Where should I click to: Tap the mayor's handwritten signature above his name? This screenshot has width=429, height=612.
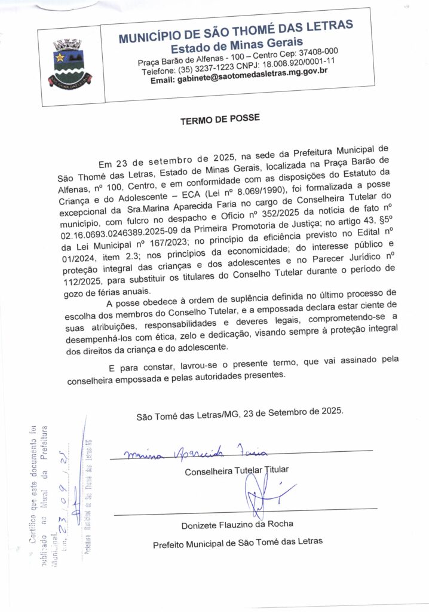263,493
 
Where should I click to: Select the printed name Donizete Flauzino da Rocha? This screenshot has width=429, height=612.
237,525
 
